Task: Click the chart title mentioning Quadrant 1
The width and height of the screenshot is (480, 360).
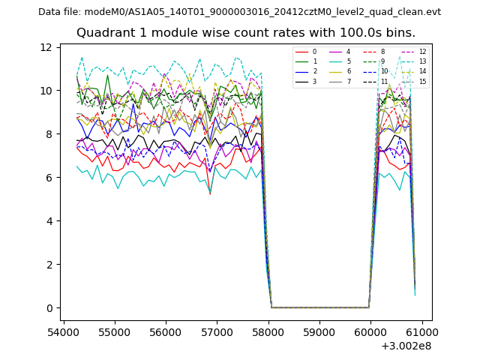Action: tap(246, 33)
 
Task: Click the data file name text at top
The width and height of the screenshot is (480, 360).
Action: tap(239, 12)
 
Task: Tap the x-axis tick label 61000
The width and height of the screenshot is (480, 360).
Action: tap(421, 331)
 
